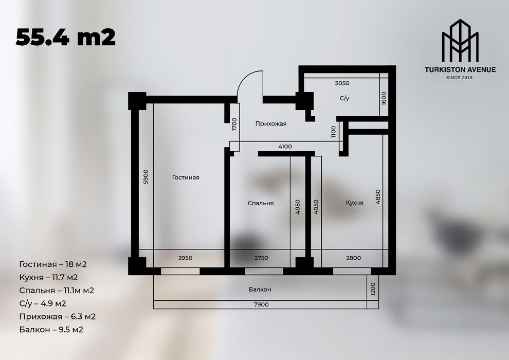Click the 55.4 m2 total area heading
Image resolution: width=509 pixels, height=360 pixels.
[x=66, y=37]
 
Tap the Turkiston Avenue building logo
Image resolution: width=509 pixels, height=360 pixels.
[x=460, y=42]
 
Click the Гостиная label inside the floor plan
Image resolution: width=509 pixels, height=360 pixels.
[x=186, y=177]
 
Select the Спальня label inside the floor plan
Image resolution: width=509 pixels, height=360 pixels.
[x=261, y=203]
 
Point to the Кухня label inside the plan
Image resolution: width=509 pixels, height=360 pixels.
[x=355, y=203]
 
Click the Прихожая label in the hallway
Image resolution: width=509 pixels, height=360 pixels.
[x=270, y=124]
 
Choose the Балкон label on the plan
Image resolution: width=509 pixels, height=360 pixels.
[x=260, y=290]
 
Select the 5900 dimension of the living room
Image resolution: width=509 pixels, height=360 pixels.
[x=146, y=177]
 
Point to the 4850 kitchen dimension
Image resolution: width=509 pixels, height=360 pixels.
[x=378, y=197]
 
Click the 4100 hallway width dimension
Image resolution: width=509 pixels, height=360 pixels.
[x=285, y=147]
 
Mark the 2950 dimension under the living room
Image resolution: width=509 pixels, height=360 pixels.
[x=185, y=258]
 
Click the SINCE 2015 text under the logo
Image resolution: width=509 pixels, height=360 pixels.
[x=460, y=78]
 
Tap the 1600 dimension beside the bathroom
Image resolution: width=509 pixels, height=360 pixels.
[x=384, y=98]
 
